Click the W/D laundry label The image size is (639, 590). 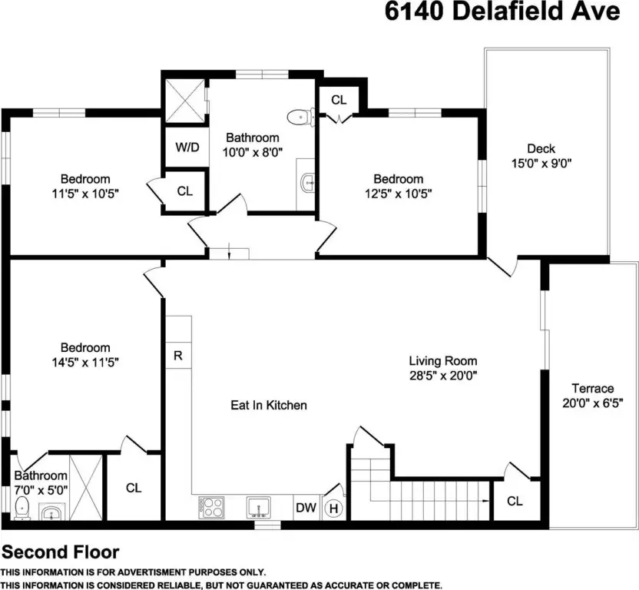[187, 147]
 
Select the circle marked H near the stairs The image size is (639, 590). [333, 509]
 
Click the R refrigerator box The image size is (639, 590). [178, 356]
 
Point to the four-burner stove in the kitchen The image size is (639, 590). [211, 507]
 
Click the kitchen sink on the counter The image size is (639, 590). [259, 507]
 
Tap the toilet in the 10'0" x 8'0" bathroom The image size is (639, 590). [301, 118]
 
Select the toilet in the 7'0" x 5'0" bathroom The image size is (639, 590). [22, 508]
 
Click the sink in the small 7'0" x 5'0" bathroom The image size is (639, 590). [51, 512]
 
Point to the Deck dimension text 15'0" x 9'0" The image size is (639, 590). [541, 163]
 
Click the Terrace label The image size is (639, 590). [593, 388]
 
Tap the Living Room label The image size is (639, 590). [443, 361]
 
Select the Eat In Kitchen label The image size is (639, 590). [269, 405]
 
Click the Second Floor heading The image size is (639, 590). [61, 552]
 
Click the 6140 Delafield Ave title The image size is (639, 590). [502, 12]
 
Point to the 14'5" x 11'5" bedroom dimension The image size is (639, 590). [85, 362]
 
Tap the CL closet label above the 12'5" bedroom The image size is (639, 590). [339, 100]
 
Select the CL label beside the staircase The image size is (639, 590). [515, 501]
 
